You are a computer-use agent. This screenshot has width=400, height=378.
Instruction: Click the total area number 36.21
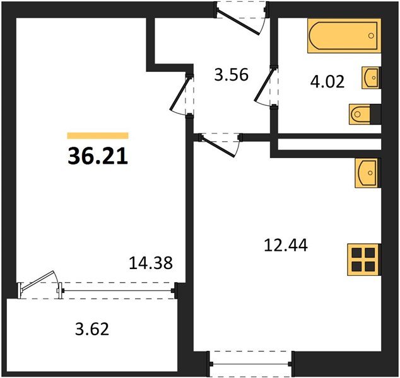(98, 156)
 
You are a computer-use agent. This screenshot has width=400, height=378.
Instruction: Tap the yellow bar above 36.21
(98, 135)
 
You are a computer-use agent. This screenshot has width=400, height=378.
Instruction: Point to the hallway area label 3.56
(231, 76)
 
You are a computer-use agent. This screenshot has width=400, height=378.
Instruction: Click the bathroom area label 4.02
(327, 82)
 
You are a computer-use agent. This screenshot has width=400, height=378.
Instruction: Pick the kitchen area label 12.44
(285, 244)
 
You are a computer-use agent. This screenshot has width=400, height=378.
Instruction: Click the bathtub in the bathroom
(344, 36)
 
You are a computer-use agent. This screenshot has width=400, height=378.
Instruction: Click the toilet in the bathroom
(360, 114)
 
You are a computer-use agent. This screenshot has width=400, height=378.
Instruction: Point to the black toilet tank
(377, 114)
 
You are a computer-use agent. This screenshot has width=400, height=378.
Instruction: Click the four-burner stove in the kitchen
(365, 258)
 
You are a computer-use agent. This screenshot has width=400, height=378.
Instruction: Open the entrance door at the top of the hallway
(239, 19)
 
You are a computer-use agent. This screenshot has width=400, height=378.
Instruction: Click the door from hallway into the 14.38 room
(182, 94)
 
